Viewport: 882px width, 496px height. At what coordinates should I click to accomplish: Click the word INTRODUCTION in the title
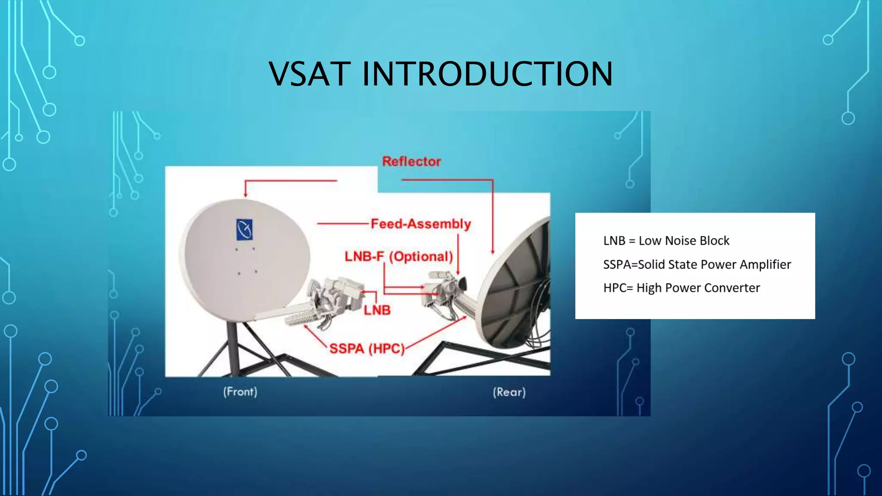pos(487,74)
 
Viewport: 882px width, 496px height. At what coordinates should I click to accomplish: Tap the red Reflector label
pos(411,161)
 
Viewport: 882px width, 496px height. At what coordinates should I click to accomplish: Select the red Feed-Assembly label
pos(421,224)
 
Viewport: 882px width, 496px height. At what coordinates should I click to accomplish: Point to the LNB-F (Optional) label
pos(399,257)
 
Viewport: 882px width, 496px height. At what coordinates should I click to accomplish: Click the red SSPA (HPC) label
pos(367,348)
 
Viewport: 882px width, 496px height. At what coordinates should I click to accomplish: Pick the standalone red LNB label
pos(377,310)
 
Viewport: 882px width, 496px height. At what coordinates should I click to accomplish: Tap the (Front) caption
pos(240,392)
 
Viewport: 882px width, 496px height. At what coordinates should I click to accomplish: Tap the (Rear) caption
pos(509,392)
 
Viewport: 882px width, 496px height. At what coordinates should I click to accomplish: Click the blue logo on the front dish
pos(245,229)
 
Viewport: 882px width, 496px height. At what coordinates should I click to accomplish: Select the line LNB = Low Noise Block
pos(666,241)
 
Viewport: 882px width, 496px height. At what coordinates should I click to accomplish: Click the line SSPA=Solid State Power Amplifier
pos(697,264)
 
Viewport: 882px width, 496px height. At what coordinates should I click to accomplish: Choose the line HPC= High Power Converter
pos(681,288)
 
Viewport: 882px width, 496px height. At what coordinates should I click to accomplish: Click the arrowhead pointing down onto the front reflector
pos(245,195)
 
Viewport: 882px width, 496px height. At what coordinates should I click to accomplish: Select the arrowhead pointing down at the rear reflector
pos(493,251)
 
